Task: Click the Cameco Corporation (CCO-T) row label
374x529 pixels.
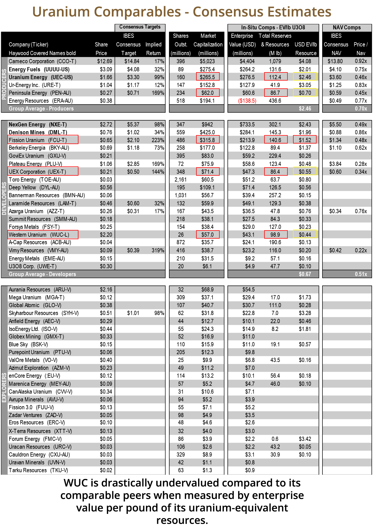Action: tap(42, 61)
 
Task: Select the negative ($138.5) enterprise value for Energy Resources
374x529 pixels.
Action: tap(247, 101)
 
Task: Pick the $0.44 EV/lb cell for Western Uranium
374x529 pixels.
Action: tap(305, 235)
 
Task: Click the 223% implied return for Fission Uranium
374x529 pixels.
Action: tap(158, 140)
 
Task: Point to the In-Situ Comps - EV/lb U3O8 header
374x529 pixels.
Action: tap(273, 27)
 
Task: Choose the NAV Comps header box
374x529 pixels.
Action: tap(347, 27)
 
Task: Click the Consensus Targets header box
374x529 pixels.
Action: tap(140, 27)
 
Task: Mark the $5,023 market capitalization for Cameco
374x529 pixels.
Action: tap(207, 61)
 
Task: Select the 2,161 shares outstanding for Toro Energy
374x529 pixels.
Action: tap(181, 180)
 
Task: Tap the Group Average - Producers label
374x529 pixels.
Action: tap(41, 109)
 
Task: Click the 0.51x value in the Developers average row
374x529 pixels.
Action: tap(361, 274)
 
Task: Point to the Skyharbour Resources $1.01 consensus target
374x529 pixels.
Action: tap(133, 313)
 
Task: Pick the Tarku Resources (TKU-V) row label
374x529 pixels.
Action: tap(38, 470)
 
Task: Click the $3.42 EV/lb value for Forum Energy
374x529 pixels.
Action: tap(305, 439)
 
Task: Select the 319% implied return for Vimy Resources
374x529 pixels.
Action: tap(158, 250)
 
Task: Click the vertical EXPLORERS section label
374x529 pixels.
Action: tap(4, 387)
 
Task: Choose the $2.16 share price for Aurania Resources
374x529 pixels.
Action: tap(106, 290)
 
